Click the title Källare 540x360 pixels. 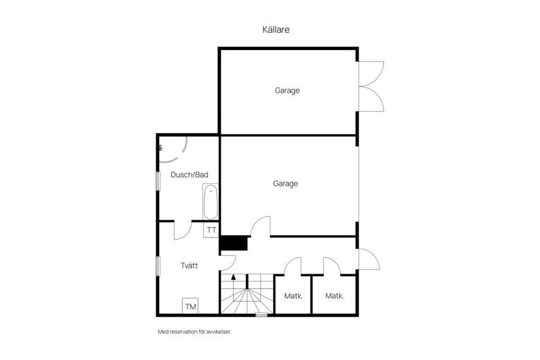[x=276, y=30]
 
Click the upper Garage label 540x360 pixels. [x=287, y=90]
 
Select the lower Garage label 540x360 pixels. [x=285, y=183]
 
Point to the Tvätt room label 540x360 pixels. [x=190, y=265]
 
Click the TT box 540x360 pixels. [x=211, y=230]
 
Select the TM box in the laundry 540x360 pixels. [x=191, y=307]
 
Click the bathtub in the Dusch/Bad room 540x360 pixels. [x=210, y=202]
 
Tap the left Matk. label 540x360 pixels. [x=294, y=296]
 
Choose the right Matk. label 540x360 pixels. [x=335, y=296]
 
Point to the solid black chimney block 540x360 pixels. [x=234, y=243]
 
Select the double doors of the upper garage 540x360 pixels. [x=371, y=85]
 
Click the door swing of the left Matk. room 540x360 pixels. [x=293, y=266]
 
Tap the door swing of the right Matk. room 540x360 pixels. [x=331, y=266]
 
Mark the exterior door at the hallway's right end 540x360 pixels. [x=368, y=259]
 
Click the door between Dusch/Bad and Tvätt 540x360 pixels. [x=183, y=229]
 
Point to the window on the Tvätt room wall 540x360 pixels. [x=158, y=265]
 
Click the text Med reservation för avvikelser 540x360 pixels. [x=195, y=332]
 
